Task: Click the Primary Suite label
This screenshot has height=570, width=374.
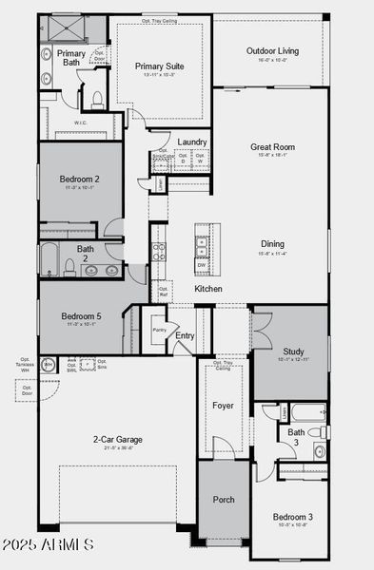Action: [x=159, y=66]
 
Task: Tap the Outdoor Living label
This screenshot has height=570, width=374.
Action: [x=273, y=50]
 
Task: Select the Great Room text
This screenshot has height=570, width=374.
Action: [x=272, y=147]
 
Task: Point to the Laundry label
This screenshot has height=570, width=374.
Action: [x=192, y=142]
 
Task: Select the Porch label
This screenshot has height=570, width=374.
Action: [x=223, y=500]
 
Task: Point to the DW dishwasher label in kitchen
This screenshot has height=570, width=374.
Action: [x=201, y=265]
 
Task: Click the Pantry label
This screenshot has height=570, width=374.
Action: [x=159, y=330]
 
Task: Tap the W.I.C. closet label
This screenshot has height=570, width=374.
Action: [x=82, y=122]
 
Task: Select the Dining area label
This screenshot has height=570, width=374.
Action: [x=272, y=244]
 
